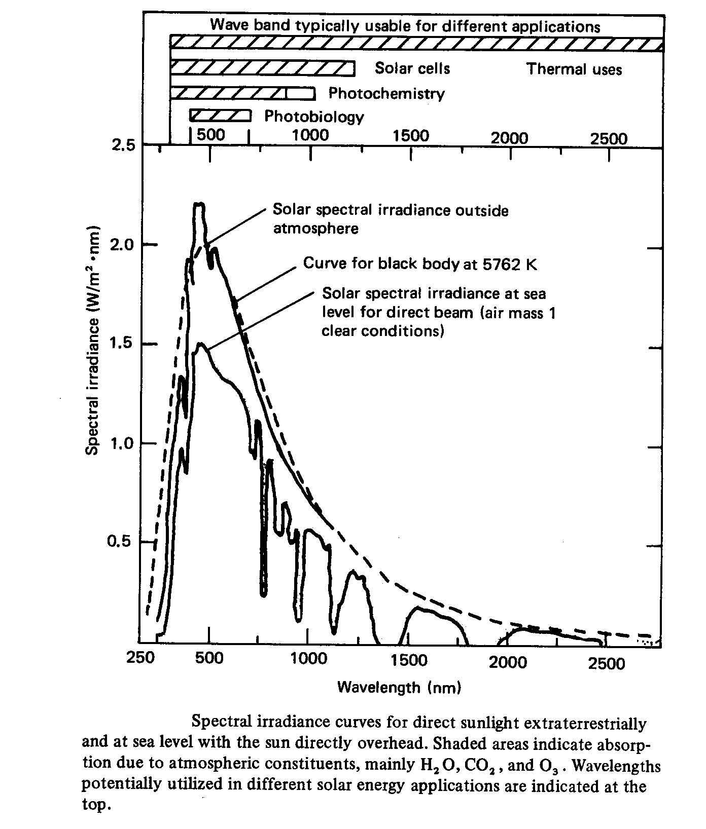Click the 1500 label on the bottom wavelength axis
(x=409, y=660)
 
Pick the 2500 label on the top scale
(x=609, y=138)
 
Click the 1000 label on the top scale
(x=310, y=135)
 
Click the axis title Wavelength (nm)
(x=400, y=688)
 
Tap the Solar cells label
(x=412, y=68)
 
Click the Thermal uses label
(x=574, y=69)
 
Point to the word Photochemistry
(x=386, y=93)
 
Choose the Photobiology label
(x=314, y=117)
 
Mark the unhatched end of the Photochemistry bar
(x=301, y=93)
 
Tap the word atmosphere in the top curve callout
(x=315, y=229)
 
